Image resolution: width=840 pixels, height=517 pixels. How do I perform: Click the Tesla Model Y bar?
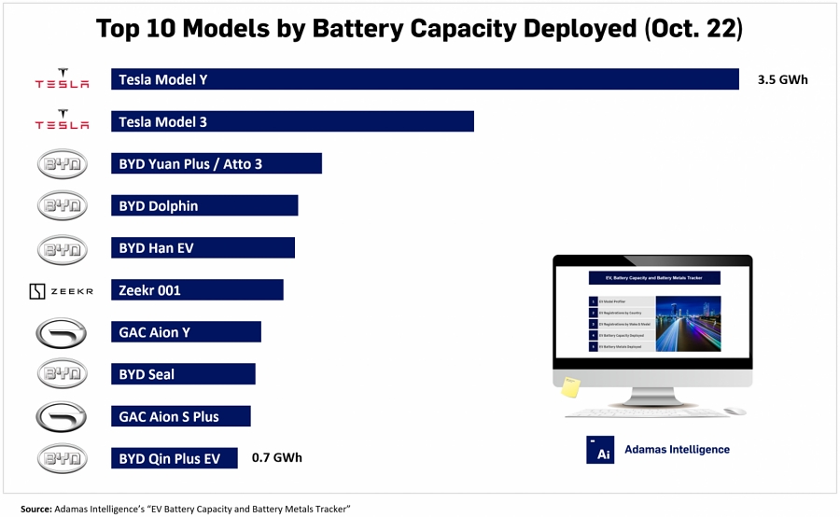pyautogui.click(x=425, y=80)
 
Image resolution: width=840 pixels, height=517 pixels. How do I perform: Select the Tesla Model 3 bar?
pyautogui.click(x=292, y=122)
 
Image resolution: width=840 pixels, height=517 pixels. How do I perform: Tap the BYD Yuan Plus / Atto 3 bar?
pyautogui.click(x=216, y=164)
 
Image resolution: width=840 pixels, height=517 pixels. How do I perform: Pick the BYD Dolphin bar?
pyautogui.click(x=203, y=206)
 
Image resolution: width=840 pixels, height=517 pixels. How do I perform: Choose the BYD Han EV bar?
pyautogui.click(x=203, y=248)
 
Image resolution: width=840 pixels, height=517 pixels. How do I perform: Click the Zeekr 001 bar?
pyautogui.click(x=196, y=290)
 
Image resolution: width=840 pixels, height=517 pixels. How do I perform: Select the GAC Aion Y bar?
pyautogui.click(x=186, y=332)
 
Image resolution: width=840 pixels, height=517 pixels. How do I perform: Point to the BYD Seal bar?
pyautogui.click(x=183, y=374)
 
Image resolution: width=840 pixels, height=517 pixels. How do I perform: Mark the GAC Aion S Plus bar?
pyautogui.click(x=180, y=416)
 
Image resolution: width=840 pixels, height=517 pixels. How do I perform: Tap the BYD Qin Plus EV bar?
pyautogui.click(x=174, y=458)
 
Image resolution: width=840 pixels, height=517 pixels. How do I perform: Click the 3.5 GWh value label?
pyautogui.click(x=782, y=80)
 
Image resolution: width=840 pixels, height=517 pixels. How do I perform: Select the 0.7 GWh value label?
pyautogui.click(x=277, y=458)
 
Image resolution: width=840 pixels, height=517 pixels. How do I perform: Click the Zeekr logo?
pyautogui.click(x=62, y=291)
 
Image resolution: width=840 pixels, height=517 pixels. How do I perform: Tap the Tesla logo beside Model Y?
pyautogui.click(x=62, y=79)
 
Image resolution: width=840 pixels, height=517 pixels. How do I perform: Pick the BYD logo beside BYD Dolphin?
pyautogui.click(x=62, y=206)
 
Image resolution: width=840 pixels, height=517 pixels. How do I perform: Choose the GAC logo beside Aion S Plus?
pyautogui.click(x=62, y=416)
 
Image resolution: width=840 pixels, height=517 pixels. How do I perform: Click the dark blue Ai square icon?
pyautogui.click(x=599, y=450)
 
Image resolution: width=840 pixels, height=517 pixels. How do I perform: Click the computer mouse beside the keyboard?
pyautogui.click(x=735, y=411)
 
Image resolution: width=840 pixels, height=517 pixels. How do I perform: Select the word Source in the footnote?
pyautogui.click(x=35, y=509)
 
